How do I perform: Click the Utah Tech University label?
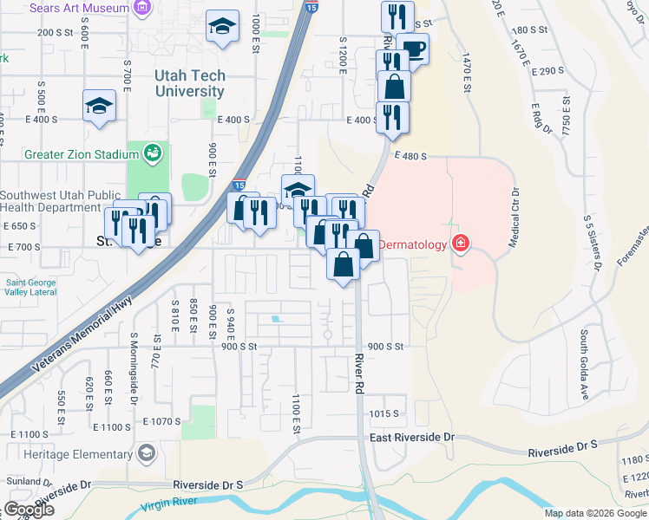[189, 83]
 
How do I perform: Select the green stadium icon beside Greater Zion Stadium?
[153, 154]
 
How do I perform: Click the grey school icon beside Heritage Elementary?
[147, 453]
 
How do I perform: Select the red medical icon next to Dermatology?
[460, 244]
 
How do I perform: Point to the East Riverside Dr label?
[412, 438]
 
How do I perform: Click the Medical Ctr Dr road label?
[514, 218]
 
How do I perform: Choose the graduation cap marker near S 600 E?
[99, 107]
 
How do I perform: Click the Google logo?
[29, 510]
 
